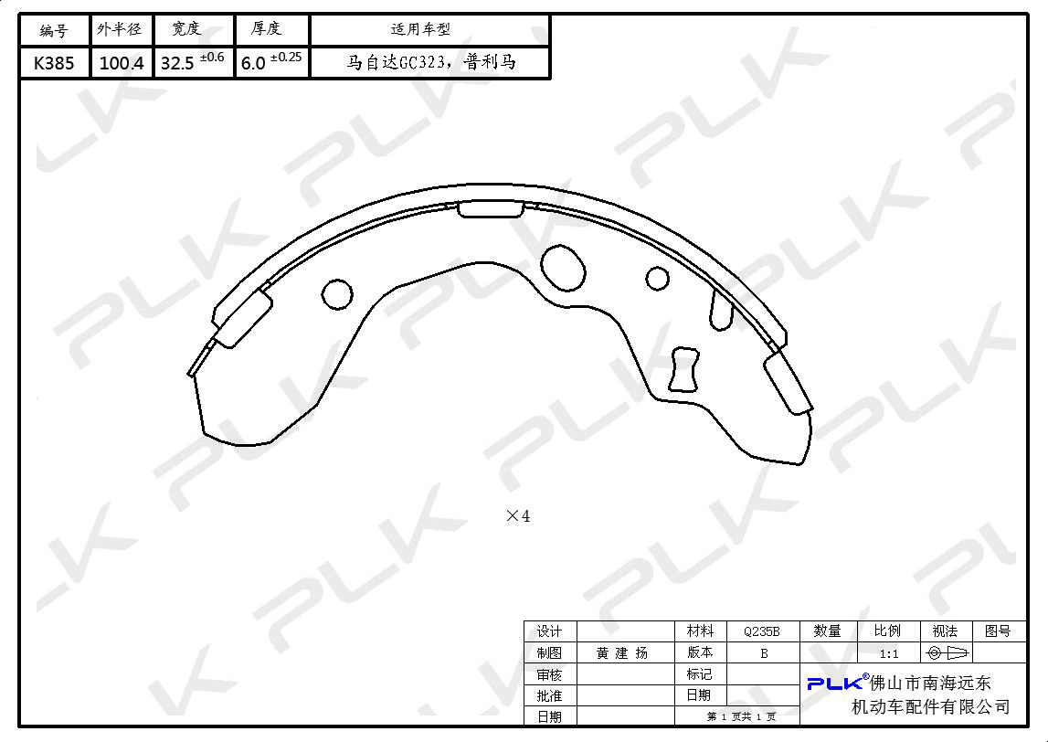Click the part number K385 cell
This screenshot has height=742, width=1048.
point(54,63)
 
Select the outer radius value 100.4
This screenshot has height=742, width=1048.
point(122,63)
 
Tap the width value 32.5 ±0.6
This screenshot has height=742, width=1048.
point(193,61)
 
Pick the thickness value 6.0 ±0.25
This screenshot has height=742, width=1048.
point(271,61)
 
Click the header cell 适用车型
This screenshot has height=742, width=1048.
point(420,29)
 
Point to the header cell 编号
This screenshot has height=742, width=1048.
point(54,30)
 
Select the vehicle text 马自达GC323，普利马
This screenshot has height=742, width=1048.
point(431,63)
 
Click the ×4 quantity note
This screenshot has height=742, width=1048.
point(518,516)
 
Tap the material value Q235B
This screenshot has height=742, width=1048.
point(762,631)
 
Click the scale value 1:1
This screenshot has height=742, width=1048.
point(889,653)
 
